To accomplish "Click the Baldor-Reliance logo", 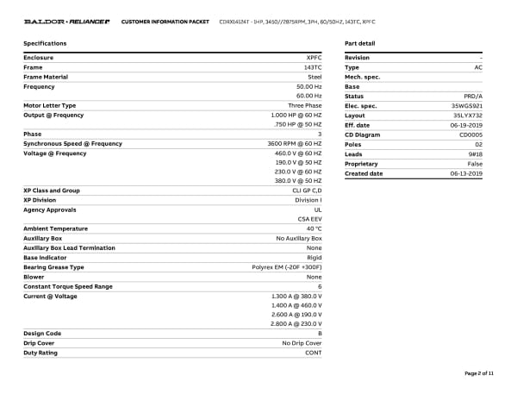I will tap(66, 21).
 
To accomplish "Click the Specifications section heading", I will tap(45, 43).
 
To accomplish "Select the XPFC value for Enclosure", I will tap(312, 58).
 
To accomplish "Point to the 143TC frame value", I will tap(310, 67).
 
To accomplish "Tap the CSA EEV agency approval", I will tap(310, 219).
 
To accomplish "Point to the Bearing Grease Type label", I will tap(53, 267).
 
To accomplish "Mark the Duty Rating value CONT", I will tap(313, 352).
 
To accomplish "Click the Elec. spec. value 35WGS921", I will tap(467, 106).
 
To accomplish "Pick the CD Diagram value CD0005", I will tap(470, 134).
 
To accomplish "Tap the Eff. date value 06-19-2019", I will tap(466, 125).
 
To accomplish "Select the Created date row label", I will tap(364, 173).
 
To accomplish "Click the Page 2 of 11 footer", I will tap(478, 373).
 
